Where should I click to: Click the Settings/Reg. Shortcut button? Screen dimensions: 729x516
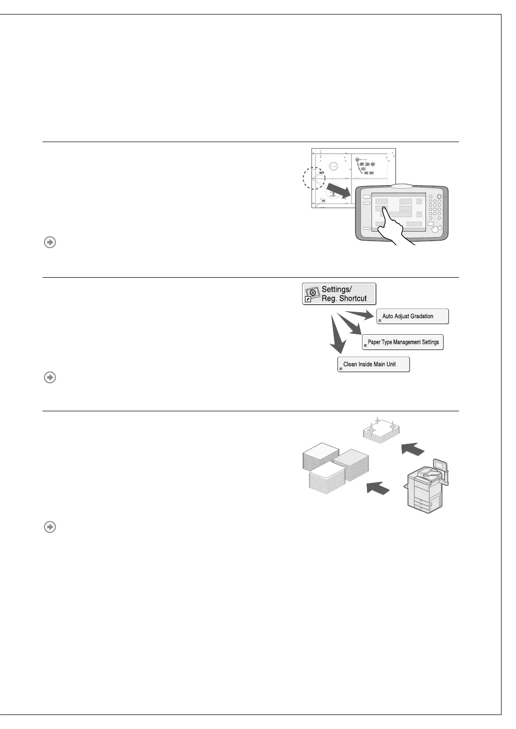[339, 294]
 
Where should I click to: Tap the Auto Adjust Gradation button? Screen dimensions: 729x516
[412, 316]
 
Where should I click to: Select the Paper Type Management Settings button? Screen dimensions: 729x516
[402, 342]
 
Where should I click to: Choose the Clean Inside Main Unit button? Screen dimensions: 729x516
[373, 364]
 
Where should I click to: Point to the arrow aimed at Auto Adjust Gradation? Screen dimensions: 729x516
[358, 315]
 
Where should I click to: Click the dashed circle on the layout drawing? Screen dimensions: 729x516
[314, 178]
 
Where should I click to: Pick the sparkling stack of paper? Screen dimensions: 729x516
[382, 430]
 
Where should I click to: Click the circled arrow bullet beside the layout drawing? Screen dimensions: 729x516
[50, 242]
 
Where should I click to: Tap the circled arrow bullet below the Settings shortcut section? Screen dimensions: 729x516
[50, 377]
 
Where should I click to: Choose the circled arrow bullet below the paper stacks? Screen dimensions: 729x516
[50, 527]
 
